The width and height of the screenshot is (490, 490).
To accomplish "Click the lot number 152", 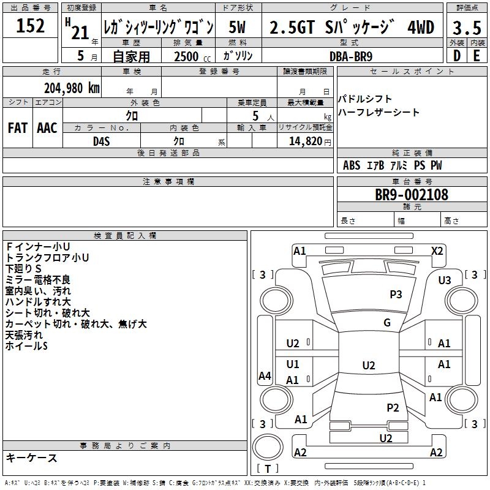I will [x=30, y=26].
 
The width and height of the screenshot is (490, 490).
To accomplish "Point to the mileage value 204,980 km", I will [x=72, y=88].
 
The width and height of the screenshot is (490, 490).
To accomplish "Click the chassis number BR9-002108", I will [x=412, y=195].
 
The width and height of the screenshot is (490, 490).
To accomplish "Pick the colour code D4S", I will [x=101, y=141].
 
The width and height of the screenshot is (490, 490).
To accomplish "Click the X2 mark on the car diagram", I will [x=437, y=251].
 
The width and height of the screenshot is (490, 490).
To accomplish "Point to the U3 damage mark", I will [x=445, y=280].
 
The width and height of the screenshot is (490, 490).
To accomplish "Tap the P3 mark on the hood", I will [x=396, y=295].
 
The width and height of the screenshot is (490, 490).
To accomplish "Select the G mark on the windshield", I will [x=386, y=323].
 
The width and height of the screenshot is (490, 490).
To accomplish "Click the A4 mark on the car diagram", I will [x=265, y=376].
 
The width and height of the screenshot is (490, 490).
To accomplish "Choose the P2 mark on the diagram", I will [x=393, y=407].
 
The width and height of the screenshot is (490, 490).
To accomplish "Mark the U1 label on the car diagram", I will [x=293, y=364].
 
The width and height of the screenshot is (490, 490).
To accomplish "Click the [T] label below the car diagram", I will [x=267, y=469].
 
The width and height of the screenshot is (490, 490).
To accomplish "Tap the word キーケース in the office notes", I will [x=32, y=458].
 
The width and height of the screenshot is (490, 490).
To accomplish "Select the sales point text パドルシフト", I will [x=366, y=99].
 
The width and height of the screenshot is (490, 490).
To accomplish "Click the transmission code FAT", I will [x=18, y=128].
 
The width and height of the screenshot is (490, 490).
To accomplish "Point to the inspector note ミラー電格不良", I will [x=37, y=280].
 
